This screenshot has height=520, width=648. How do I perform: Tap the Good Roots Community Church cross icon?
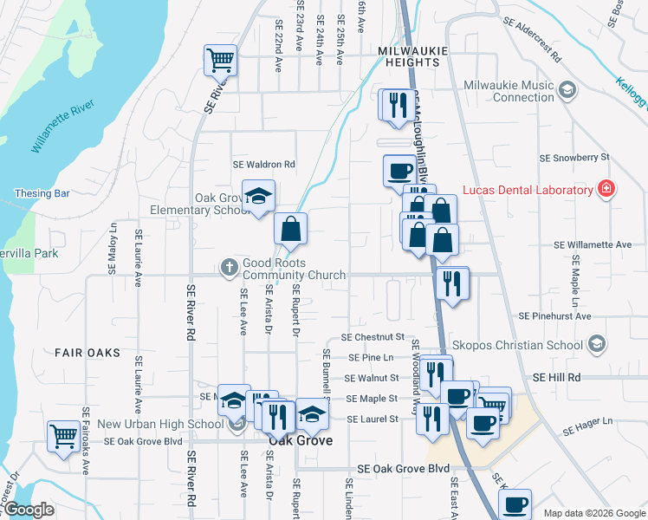[229, 267]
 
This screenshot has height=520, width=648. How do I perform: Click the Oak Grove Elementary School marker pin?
[258, 198]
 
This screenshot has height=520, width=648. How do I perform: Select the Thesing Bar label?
[36, 193]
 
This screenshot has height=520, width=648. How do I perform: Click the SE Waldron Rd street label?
[263, 164]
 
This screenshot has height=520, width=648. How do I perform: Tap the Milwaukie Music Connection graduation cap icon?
[567, 89]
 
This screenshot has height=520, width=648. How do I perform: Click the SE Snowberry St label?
[574, 158]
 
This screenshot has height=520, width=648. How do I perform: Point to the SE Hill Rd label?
[556, 378]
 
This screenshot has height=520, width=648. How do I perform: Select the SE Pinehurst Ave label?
[555, 316]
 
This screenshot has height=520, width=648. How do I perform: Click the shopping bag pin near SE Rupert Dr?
[291, 230]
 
